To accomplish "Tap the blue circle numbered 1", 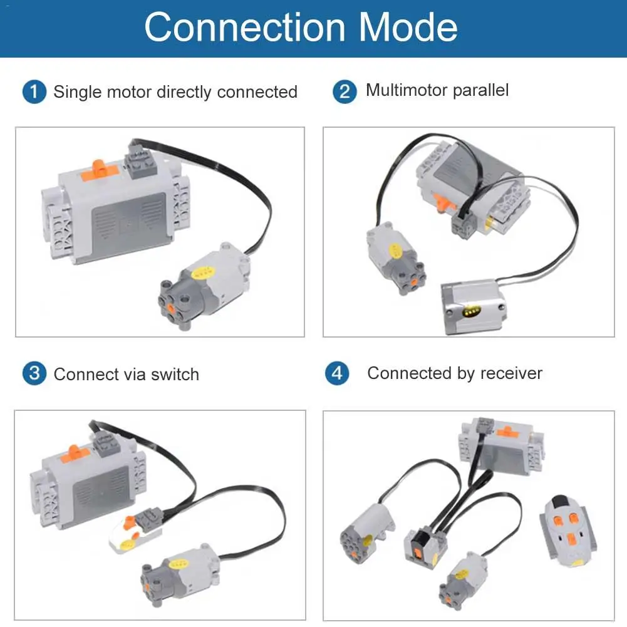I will point(34,91).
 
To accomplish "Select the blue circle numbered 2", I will point(344,91).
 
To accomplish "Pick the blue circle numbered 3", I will point(34,374).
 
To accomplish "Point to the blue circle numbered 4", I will point(337,373).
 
